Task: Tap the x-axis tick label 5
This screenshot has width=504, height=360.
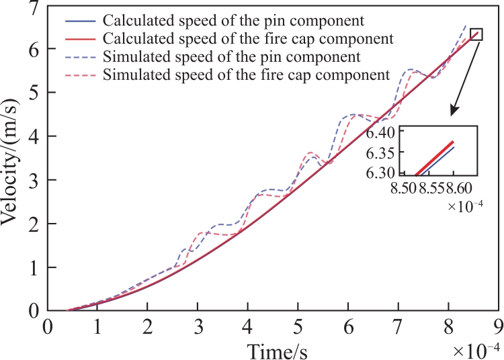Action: pyautogui.click(x=298, y=327)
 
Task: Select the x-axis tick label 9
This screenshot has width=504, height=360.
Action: pyautogui.click(x=499, y=327)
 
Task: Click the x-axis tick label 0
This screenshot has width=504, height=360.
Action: pyautogui.click(x=48, y=327)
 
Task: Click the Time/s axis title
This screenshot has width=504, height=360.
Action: pyautogui.click(x=277, y=351)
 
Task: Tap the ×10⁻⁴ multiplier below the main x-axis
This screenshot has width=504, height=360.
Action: pyautogui.click(x=476, y=351)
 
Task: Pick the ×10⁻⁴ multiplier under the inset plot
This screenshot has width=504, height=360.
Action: pyautogui.click(x=465, y=206)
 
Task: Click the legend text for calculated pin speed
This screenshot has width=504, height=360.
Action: pyautogui.click(x=233, y=21)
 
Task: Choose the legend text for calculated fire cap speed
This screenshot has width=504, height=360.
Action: pyautogui.click(x=248, y=38)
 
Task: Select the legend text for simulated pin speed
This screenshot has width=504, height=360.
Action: pyautogui.click(x=231, y=57)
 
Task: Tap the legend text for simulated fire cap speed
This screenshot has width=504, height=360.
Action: pyautogui.click(x=246, y=75)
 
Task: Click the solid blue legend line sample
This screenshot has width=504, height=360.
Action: pyautogui.click(x=81, y=21)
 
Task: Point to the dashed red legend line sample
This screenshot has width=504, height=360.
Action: pyautogui.click(x=81, y=75)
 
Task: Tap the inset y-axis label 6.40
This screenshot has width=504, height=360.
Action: pyautogui.click(x=380, y=133)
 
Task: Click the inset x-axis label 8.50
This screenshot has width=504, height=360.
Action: pyautogui.click(x=404, y=188)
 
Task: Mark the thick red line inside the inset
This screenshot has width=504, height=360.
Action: pyautogui.click(x=434, y=159)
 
